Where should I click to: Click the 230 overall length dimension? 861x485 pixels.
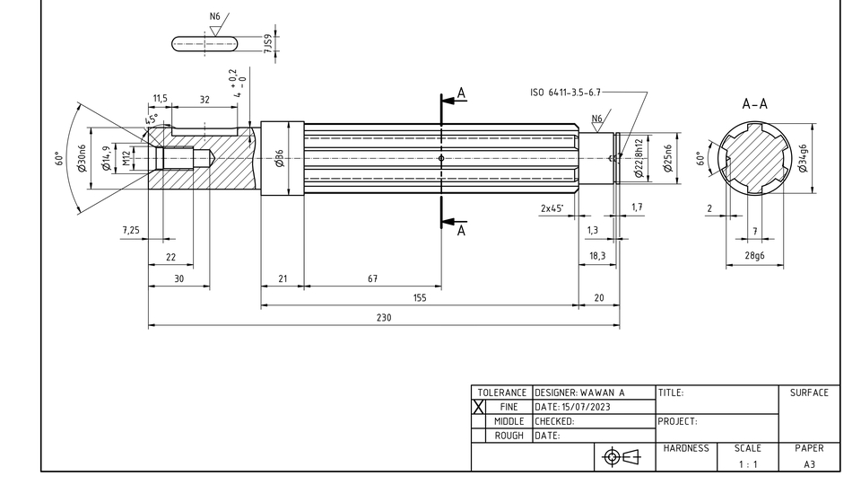(384, 317)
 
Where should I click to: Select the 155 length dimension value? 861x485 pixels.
(420, 297)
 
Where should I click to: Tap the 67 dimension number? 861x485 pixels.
(372, 278)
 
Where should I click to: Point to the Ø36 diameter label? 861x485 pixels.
(279, 158)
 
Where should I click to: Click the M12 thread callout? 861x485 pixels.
(126, 158)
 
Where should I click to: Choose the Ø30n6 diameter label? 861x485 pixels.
(82, 158)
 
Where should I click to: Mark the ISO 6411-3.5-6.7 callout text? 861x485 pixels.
(565, 92)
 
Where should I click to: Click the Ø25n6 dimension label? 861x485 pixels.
(667, 160)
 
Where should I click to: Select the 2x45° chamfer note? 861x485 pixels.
(552, 207)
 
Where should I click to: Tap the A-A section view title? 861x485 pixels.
(754, 104)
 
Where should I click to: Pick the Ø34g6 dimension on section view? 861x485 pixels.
(803, 158)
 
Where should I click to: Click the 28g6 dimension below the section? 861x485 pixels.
(754, 257)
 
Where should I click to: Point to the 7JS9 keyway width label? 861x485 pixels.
(267, 43)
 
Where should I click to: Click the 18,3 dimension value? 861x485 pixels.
(596, 256)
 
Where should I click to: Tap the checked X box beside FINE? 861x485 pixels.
(479, 407)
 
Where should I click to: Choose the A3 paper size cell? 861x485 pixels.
(809, 464)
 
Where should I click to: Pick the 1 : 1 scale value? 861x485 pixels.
(748, 464)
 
